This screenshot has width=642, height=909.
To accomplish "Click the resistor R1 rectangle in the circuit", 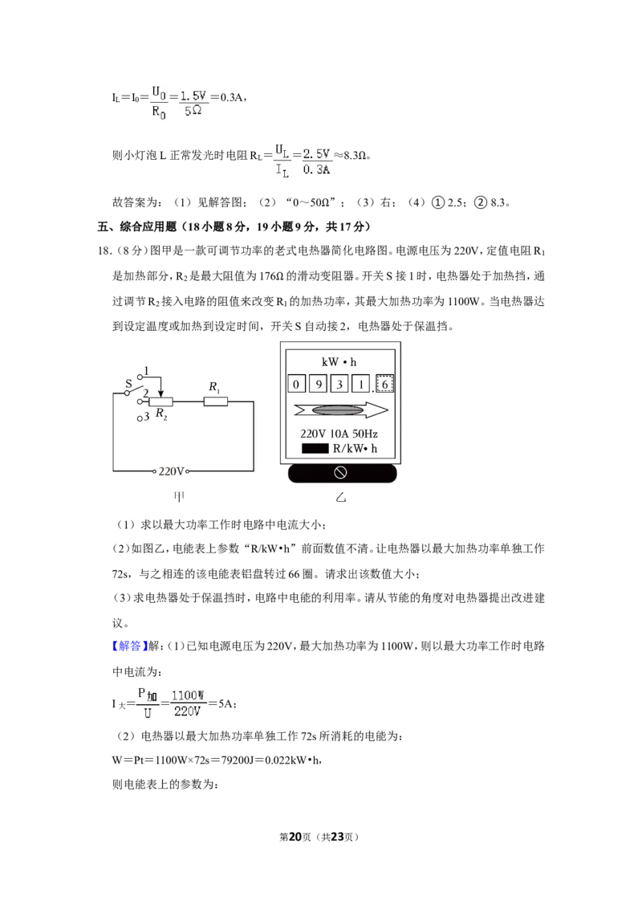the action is (216, 402).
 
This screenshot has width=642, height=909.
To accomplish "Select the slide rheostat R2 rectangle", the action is (160, 402).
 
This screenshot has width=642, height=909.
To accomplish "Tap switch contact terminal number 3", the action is (140, 418).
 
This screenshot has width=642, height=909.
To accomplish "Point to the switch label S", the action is (128, 383).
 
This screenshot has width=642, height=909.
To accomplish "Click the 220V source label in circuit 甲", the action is (171, 471).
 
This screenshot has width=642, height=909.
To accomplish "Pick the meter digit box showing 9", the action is (318, 384).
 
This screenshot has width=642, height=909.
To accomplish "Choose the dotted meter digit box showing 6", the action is (384, 384).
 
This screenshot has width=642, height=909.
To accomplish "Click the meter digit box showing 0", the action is (296, 384).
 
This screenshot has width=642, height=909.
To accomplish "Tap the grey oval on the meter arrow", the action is (338, 410).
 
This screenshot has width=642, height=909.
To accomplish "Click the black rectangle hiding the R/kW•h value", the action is (315, 449).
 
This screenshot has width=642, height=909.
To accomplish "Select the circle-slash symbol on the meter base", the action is (341, 473).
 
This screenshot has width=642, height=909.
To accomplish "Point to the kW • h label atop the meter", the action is (339, 362).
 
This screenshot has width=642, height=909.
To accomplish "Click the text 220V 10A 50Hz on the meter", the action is (339, 434).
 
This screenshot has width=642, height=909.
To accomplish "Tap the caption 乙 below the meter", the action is (341, 497).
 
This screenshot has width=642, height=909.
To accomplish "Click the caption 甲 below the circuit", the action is (180, 497).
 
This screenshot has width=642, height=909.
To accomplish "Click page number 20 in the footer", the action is (295, 837).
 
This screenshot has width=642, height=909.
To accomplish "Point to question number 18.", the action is (104, 251).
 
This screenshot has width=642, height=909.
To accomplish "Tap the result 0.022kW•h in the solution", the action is (291, 760).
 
